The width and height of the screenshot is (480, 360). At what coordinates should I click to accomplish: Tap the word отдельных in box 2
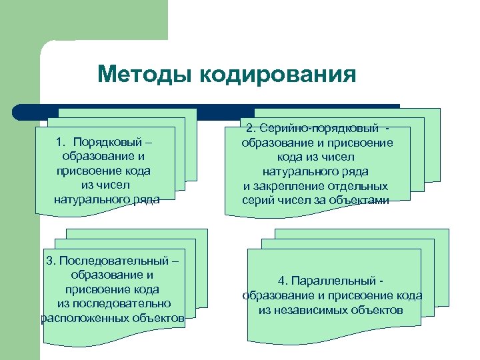click(357, 187)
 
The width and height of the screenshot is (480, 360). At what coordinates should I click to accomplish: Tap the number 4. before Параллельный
click(283, 281)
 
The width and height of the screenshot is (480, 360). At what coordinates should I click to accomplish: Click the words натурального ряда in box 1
click(107, 199)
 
